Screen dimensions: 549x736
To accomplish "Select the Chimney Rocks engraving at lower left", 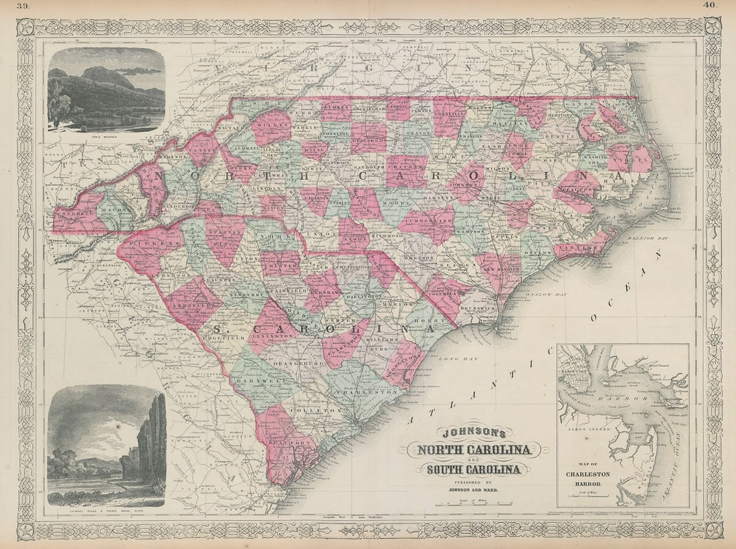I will (x=106, y=445).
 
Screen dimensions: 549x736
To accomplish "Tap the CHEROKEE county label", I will (x=74, y=208).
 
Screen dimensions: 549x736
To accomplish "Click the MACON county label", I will (x=115, y=213).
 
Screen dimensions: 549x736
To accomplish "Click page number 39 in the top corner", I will (x=23, y=6).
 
